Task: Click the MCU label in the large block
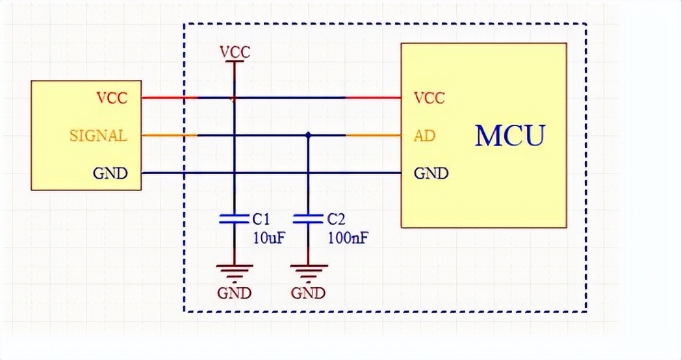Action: coord(509,136)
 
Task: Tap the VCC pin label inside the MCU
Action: coord(429,98)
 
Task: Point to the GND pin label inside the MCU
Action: coord(431,174)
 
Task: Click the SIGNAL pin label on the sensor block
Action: coord(98,136)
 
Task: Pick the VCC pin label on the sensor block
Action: coord(112,98)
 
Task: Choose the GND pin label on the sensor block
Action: coord(110,174)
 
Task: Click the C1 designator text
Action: coord(261,218)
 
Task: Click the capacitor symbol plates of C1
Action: coord(234,218)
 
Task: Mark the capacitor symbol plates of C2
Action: coord(308,218)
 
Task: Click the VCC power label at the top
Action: coord(235,52)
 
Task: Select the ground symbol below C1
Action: coord(234,269)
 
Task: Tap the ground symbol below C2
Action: coord(308,269)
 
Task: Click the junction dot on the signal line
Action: coord(308,135)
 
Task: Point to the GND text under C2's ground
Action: coord(308,292)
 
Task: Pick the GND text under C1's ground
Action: coord(234,292)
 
